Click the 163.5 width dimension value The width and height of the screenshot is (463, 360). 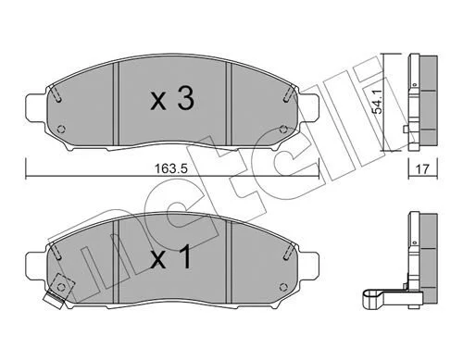click(x=171, y=168)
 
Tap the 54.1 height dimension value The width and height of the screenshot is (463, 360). click(x=378, y=102)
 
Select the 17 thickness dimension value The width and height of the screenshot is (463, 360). click(x=422, y=169)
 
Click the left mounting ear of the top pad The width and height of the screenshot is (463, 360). click(x=36, y=107)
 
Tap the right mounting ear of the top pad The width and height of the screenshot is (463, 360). click(x=307, y=106)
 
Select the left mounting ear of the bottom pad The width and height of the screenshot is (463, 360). click(x=36, y=266)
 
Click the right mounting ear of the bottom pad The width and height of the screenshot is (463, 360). click(x=307, y=266)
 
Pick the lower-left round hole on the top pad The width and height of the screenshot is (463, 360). click(x=61, y=129)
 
